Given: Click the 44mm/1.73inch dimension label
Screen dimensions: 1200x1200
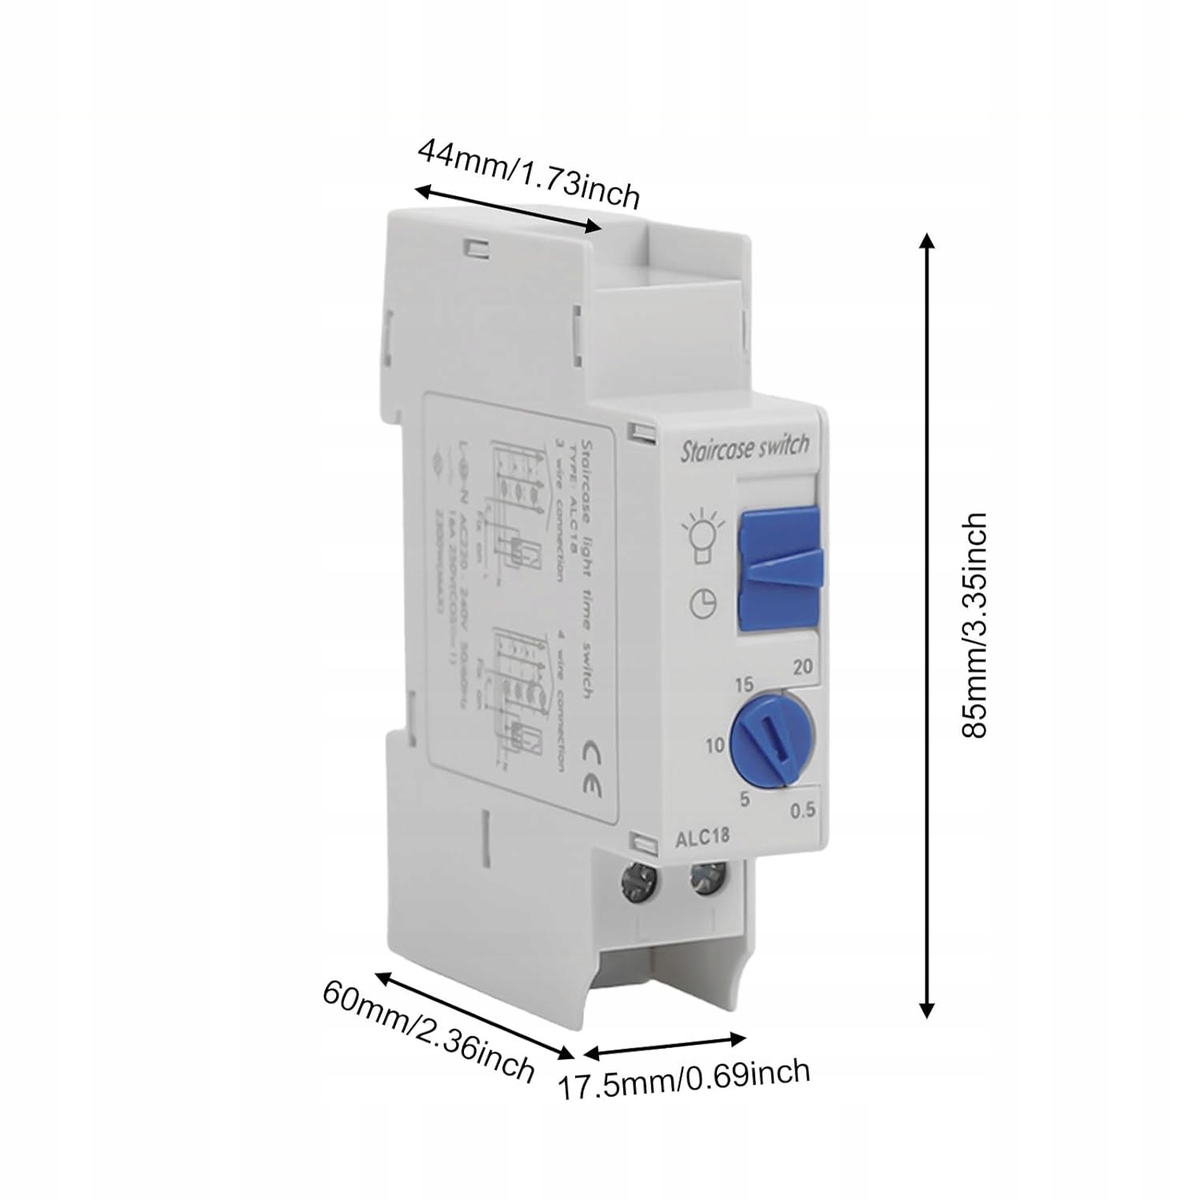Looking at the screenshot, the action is pyautogui.click(x=529, y=174).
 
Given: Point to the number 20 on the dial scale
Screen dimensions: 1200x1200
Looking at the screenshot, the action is pyautogui.click(x=802, y=666).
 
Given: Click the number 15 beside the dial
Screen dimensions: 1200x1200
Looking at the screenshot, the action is pyautogui.click(x=743, y=684).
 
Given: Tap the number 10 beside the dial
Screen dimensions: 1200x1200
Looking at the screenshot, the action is pyautogui.click(x=714, y=746).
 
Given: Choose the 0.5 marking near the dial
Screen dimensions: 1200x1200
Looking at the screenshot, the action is pyautogui.click(x=802, y=810).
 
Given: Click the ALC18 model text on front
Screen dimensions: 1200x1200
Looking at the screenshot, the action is pyautogui.click(x=702, y=838).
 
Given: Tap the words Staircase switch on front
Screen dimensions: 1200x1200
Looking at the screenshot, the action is pyautogui.click(x=744, y=447).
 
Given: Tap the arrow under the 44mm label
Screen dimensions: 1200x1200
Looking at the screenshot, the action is pyautogui.click(x=507, y=210).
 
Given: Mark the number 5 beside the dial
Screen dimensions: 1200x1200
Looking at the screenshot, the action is pyautogui.click(x=745, y=798).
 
